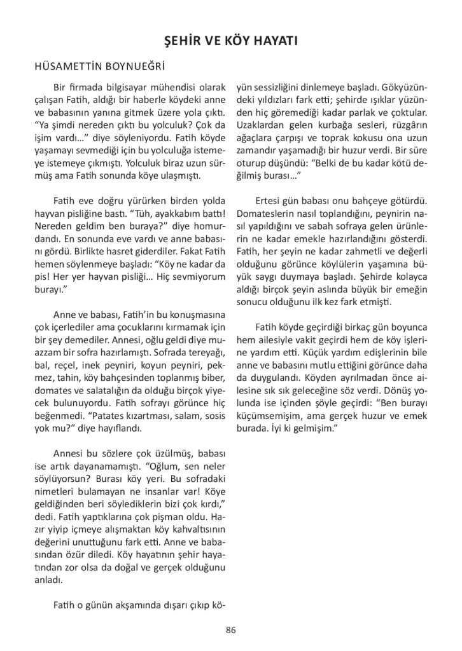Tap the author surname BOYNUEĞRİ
point(134,65)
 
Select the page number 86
point(230,630)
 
